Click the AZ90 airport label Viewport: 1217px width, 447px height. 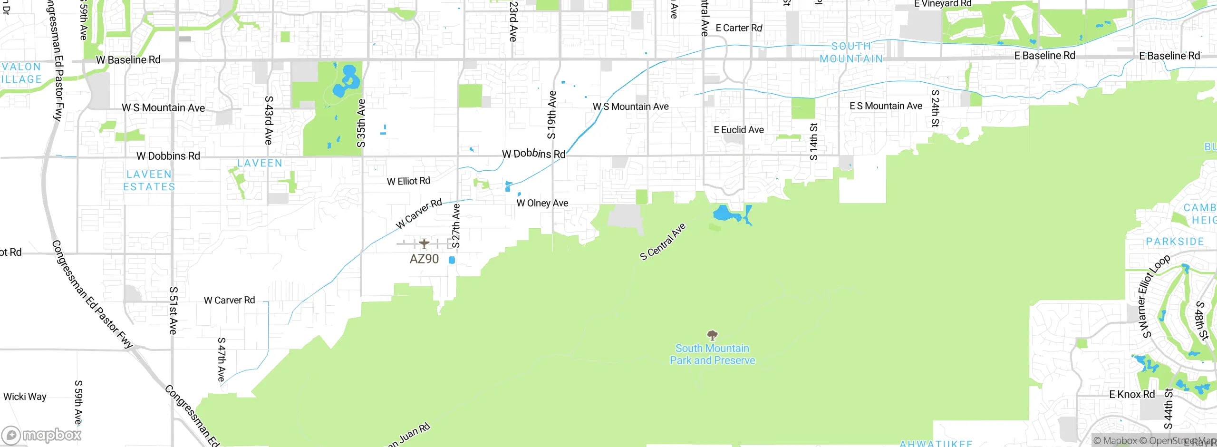424,259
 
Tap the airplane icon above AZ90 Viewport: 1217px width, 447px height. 424,243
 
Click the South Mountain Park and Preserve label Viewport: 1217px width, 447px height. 712,354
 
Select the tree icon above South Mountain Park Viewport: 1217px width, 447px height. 712,335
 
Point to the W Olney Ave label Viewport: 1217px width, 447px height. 542,203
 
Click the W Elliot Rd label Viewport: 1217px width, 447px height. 408,181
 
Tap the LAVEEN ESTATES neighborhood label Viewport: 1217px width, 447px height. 149,181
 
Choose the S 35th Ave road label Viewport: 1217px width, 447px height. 361,123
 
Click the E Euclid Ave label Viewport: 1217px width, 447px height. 739,130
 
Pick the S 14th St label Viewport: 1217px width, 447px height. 814,142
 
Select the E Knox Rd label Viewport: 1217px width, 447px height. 1131,394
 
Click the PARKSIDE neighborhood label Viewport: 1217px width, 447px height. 1175,242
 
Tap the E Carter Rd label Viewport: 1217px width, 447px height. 739,28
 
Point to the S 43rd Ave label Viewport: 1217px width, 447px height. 269,120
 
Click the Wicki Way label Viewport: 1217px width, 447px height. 25,397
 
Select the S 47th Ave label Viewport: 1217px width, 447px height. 222,360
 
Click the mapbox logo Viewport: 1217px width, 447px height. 42,435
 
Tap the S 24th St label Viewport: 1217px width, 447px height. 935,108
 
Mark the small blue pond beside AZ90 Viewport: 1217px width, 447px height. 452,260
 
